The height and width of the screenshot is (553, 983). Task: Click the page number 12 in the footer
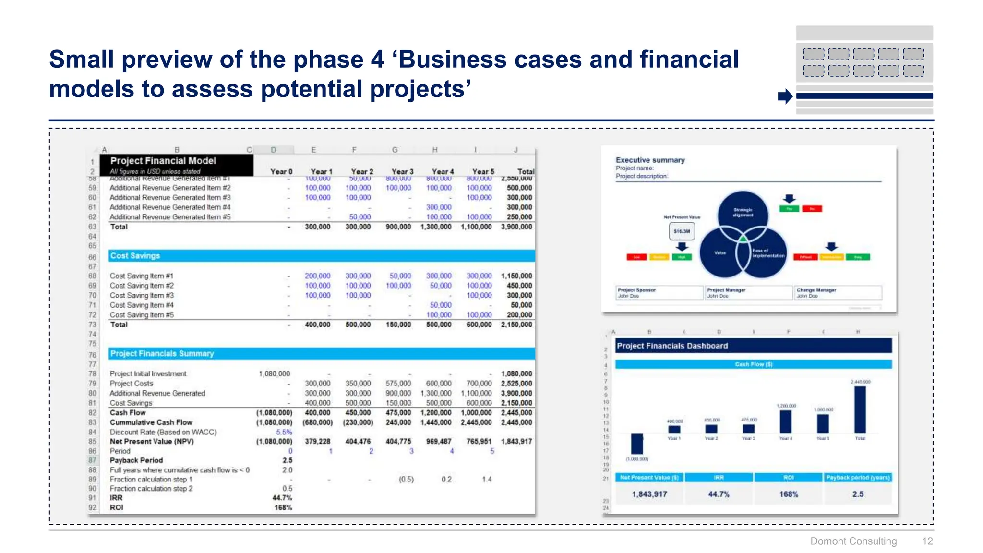927,541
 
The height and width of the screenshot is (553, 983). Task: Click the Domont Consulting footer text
853,541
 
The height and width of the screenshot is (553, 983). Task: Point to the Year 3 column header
402,171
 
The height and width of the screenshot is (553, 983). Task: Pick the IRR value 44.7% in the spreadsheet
282,498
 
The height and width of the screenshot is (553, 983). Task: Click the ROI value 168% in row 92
283,507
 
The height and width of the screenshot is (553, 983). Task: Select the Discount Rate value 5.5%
284,432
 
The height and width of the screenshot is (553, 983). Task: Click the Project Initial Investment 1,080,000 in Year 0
274,373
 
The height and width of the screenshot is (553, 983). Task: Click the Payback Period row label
136,460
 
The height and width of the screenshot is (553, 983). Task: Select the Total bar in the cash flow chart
860,409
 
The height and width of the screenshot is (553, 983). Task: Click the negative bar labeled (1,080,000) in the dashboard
636,444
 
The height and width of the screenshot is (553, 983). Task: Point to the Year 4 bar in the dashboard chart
786,422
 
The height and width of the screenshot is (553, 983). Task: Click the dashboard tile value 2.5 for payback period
858,494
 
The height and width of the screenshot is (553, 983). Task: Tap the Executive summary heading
650,160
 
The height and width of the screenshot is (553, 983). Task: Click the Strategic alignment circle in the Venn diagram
743,213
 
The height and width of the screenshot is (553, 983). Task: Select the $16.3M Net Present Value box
682,231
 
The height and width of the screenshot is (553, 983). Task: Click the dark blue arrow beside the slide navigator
785,96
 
